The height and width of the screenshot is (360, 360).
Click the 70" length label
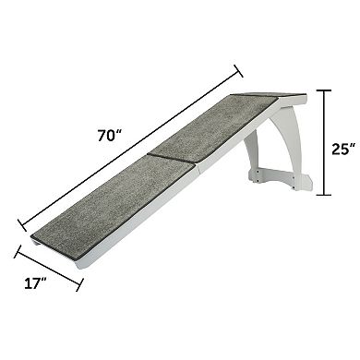[x=110, y=136]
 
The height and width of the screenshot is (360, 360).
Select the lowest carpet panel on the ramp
[x=102, y=206]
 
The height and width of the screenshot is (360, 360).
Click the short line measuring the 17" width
[x=48, y=268]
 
